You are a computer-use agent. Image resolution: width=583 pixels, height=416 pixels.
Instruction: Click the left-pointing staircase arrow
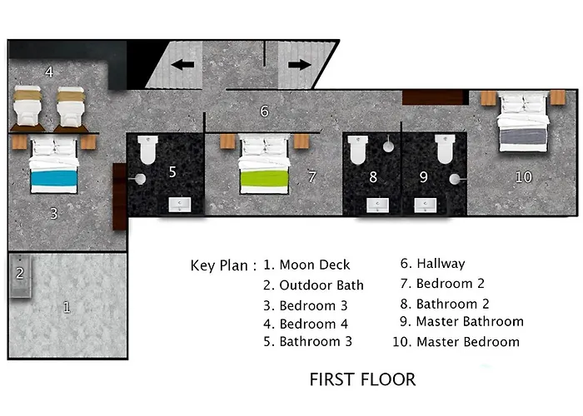click(182, 65)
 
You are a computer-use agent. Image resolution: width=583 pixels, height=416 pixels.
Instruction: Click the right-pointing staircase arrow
click(300, 65)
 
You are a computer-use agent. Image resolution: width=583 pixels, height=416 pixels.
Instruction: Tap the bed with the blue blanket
click(54, 165)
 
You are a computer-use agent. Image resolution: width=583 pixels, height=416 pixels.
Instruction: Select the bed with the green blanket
click(264, 164)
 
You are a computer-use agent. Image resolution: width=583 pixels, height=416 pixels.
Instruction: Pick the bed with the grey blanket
click(523, 121)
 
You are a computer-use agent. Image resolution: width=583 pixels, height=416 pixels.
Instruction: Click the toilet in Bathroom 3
click(148, 150)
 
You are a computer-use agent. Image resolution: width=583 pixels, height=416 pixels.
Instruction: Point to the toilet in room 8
click(357, 150)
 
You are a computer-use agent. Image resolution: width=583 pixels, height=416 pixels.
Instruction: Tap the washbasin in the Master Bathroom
click(426, 205)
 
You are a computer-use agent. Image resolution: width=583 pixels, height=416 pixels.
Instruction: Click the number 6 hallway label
click(264, 111)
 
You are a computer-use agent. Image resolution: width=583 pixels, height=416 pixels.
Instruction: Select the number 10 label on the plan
click(524, 177)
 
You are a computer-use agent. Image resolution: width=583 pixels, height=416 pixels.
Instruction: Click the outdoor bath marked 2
click(20, 275)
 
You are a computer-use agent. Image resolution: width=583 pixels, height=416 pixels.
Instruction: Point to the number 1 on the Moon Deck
click(67, 307)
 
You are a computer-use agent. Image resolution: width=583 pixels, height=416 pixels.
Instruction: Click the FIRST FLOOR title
click(362, 379)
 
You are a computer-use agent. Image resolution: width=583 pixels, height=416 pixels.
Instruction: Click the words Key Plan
click(219, 266)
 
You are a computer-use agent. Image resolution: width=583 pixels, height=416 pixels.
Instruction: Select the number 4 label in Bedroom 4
click(49, 72)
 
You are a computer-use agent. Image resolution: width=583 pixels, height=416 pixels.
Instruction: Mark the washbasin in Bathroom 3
click(180, 205)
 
